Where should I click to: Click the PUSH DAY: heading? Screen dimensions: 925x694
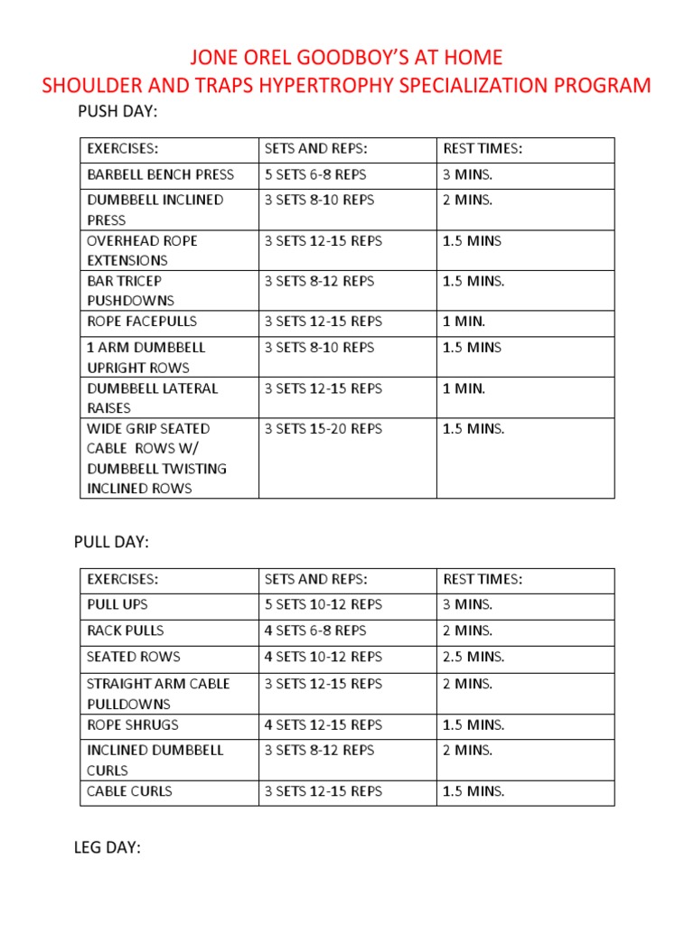click(x=118, y=111)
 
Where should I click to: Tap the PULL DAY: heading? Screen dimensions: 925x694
click(x=111, y=542)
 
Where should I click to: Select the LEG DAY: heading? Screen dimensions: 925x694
click(x=108, y=847)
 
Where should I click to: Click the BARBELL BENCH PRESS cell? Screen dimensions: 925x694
click(x=160, y=174)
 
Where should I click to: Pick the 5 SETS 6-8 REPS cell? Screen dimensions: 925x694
click(x=315, y=174)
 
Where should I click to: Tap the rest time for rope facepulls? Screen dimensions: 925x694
click(x=464, y=321)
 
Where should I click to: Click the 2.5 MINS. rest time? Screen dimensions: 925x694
click(x=474, y=657)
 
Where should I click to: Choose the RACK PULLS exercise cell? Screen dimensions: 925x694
click(x=126, y=631)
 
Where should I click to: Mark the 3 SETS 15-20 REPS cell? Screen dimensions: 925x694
click(x=323, y=428)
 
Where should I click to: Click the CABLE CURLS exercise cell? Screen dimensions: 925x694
click(x=129, y=791)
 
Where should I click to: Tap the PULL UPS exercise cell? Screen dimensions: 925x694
click(x=117, y=604)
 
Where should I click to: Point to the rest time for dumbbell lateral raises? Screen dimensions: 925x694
click(x=464, y=388)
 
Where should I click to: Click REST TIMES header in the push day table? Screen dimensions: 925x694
click(x=483, y=148)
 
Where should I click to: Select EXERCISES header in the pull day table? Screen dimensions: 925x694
click(x=122, y=579)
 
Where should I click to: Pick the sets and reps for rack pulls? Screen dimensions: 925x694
click(x=315, y=631)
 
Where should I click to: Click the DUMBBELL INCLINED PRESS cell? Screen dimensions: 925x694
click(x=155, y=210)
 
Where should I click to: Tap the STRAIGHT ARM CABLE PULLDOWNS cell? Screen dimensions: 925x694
click(x=158, y=693)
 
